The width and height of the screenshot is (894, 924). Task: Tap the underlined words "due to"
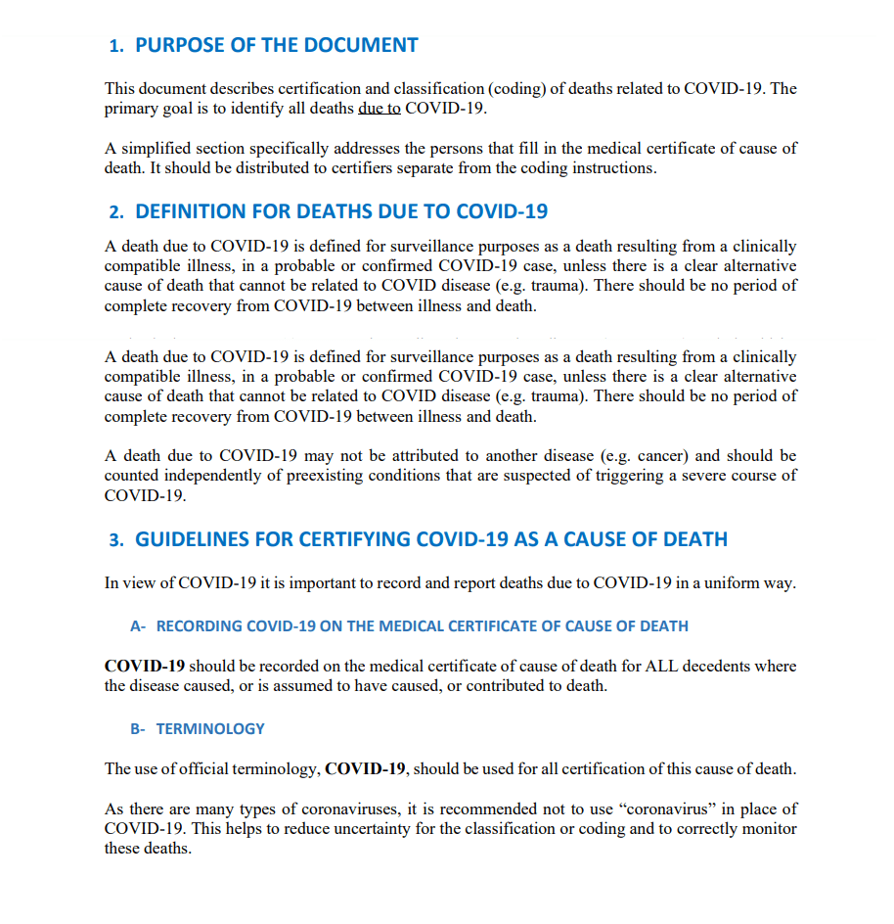point(380,109)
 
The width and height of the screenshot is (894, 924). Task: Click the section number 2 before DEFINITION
point(115,211)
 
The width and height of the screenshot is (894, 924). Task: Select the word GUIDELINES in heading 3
point(192,539)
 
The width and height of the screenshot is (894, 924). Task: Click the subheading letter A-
point(138,626)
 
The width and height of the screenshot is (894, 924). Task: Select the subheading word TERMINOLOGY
point(210,729)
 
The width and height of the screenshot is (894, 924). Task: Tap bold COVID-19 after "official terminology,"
point(365,769)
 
